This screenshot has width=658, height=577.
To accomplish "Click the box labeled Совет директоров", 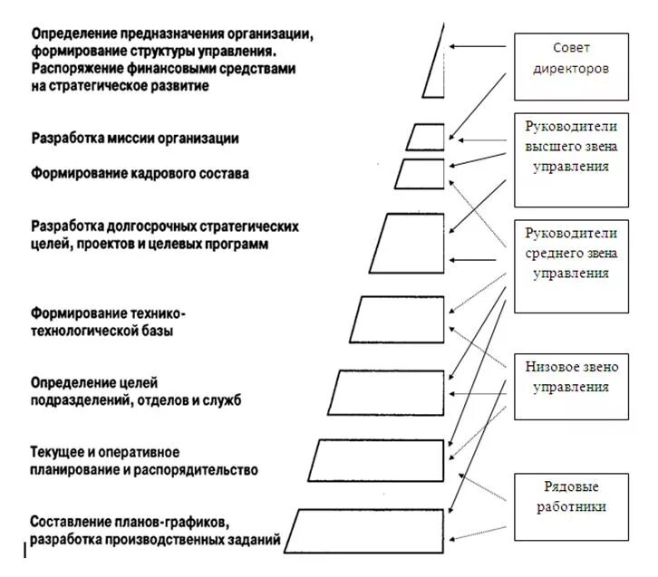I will point(571,66).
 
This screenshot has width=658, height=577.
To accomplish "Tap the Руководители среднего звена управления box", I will point(571,265).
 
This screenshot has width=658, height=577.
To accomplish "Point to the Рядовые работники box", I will point(571,505).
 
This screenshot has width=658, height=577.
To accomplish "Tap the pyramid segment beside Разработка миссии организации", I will point(425,137).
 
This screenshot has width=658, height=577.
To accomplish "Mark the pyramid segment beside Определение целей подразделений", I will point(386,392).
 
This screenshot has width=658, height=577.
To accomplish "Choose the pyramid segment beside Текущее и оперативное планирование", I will point(378,461).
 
